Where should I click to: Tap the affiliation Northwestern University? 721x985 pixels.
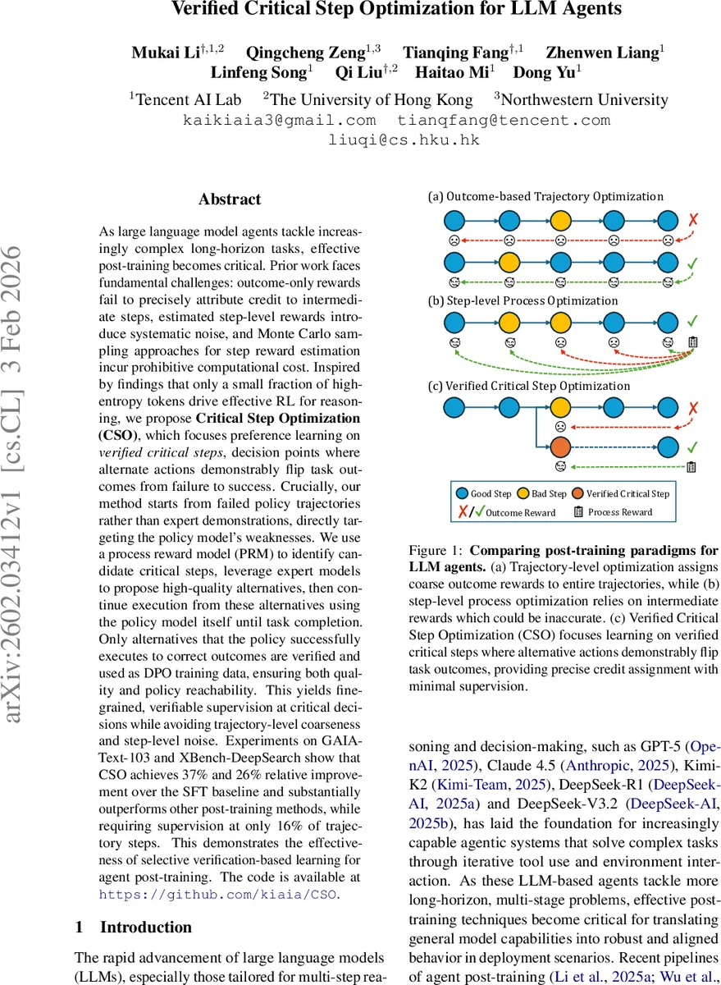coord(584,99)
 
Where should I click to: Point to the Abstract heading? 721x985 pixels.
coord(230,199)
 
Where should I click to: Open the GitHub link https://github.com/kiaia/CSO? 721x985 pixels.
coord(217,895)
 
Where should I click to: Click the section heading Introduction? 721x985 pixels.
coord(146,928)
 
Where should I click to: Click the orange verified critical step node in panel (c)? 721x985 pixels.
coord(560,447)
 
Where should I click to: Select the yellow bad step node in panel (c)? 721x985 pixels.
coord(560,406)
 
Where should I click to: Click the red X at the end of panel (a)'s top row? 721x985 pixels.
coord(692,221)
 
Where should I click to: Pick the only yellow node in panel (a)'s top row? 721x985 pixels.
coord(560,221)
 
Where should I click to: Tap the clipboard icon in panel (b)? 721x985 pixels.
coord(692,341)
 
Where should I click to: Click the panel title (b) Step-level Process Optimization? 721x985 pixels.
coord(523,301)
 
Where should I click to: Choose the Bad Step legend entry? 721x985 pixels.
coord(543,493)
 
